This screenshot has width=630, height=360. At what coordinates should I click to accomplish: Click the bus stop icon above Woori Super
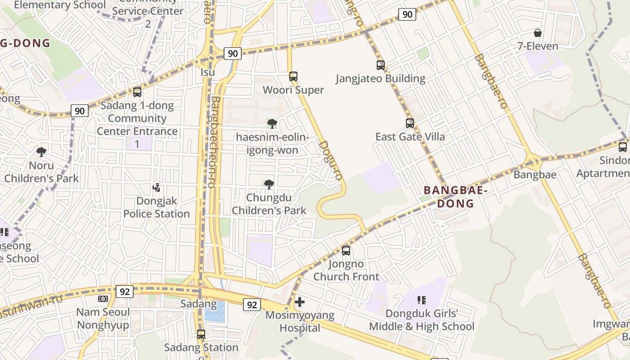pos(293,76)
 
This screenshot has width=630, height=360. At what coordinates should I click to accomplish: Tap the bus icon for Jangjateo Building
pos(381,65)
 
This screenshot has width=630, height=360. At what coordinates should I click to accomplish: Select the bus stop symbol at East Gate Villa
pos(410,123)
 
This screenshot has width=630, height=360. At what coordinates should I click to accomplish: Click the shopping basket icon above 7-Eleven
pos(537,33)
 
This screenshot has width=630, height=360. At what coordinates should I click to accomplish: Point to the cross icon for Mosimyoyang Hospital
pos(300,302)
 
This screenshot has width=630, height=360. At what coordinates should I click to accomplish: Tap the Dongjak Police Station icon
pos(157,188)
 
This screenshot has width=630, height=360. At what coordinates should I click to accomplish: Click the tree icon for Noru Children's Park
pos(41,152)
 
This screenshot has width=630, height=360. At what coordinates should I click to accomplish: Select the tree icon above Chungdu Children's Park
pos(269,184)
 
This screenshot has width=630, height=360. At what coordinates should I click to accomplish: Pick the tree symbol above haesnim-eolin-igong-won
pos(272,124)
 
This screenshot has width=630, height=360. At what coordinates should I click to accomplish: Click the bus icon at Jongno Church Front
pos(346,251)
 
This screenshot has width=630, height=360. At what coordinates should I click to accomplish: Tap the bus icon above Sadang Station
pos(201,334)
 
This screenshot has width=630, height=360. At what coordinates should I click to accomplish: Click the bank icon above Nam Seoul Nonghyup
pos(103,299)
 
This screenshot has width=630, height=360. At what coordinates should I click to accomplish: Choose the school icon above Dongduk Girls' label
pos(422,300)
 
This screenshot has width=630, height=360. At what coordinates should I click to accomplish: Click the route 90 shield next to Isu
pos(233,54)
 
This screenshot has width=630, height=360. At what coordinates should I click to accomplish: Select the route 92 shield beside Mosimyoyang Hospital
pos(252,305)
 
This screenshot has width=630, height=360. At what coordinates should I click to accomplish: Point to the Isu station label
pos(207,72)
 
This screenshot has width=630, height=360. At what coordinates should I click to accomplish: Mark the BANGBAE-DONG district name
pos(455,197)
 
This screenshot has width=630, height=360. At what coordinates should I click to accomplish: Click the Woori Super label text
pos(293,90)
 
